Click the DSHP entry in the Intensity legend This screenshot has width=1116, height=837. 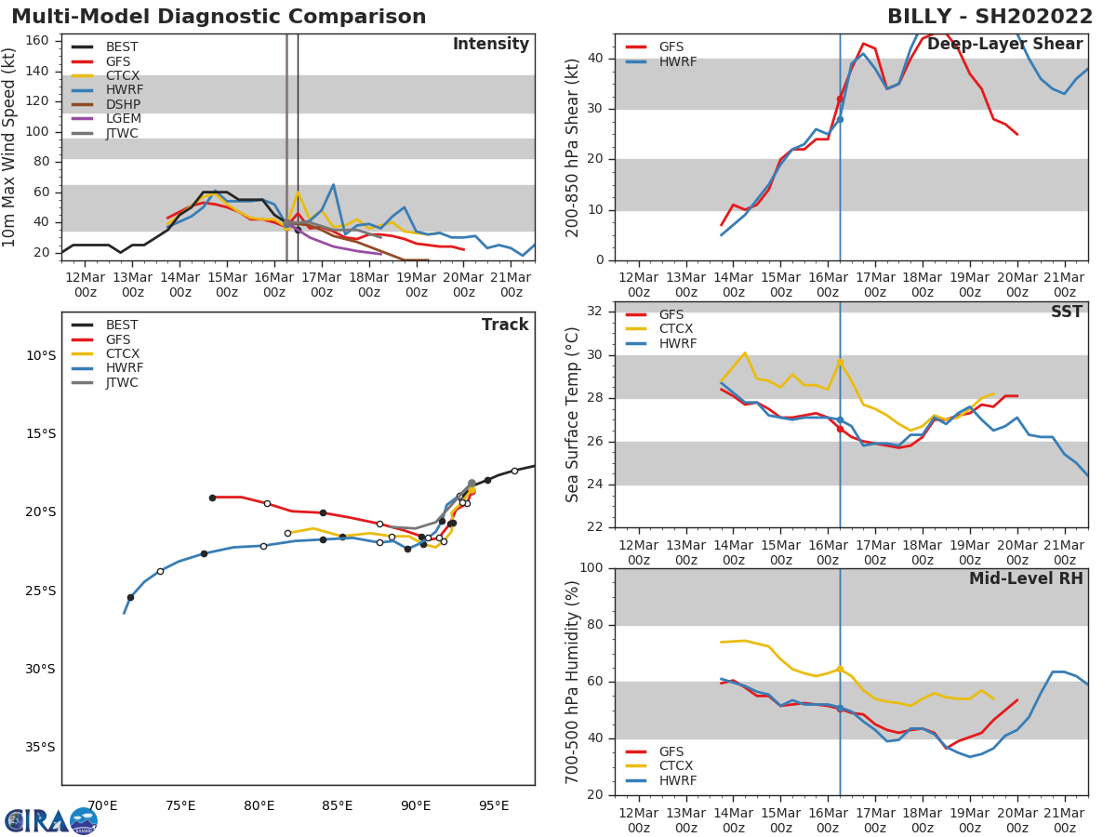[x=122, y=104]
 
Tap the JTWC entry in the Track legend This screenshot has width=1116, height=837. [x=122, y=382]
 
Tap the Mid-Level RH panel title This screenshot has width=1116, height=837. [x=1026, y=579]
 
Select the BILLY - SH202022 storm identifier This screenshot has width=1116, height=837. [x=990, y=17]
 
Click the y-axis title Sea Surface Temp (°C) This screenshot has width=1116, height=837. [x=574, y=415]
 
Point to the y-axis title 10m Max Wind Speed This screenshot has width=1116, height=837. [x=11, y=147]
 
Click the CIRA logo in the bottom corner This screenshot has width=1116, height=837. [x=51, y=820]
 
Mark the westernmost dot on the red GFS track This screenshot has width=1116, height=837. [x=212, y=498]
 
